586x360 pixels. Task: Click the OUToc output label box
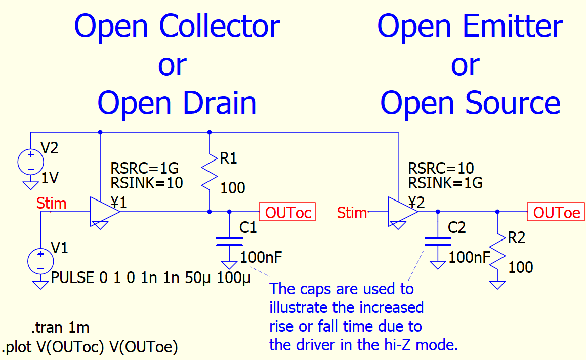(287, 212)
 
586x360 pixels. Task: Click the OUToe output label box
(555, 212)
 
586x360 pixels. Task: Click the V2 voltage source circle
(30, 162)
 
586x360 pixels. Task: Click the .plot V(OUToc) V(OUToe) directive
(91, 348)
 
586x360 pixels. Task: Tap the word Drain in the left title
(219, 103)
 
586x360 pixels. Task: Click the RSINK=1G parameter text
(445, 182)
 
